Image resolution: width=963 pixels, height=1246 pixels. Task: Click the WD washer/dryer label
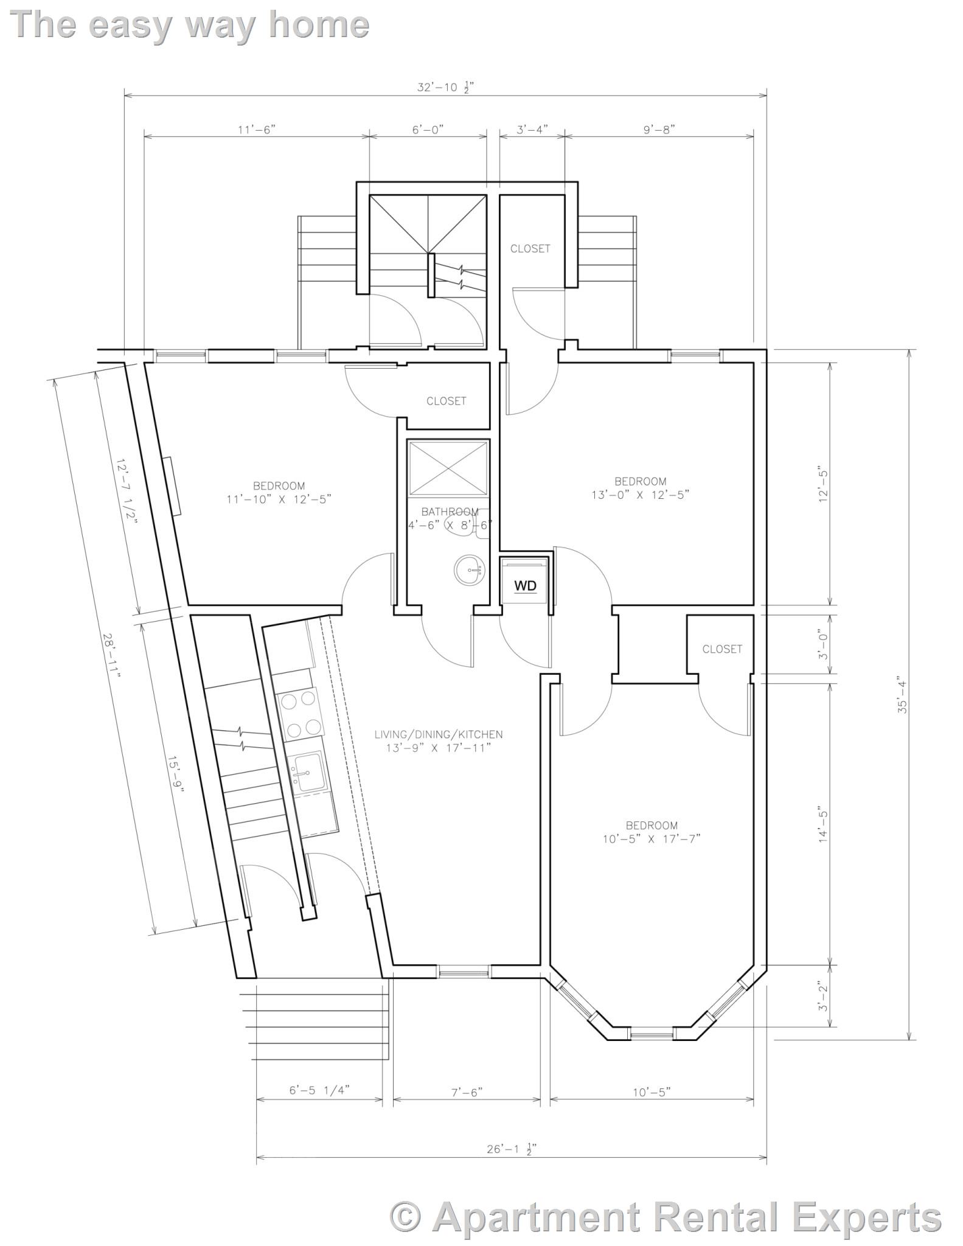point(525,586)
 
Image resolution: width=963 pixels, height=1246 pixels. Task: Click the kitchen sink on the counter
point(308,773)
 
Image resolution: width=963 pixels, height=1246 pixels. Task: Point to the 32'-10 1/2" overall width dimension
point(445,87)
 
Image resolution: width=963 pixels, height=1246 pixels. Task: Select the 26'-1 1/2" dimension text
point(512,1149)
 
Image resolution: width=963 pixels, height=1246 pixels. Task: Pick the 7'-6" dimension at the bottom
point(467,1092)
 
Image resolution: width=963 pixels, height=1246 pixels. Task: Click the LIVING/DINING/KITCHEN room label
point(438,734)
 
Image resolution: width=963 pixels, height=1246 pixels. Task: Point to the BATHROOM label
point(450,512)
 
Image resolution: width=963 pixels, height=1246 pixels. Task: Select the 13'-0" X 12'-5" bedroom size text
point(640,495)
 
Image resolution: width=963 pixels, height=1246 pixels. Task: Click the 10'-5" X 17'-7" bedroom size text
point(652,838)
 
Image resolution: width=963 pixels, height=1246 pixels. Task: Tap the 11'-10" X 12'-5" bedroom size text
point(279,499)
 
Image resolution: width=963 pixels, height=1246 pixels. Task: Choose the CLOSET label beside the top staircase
point(530,248)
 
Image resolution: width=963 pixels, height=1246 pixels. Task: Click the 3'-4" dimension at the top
point(532,129)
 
